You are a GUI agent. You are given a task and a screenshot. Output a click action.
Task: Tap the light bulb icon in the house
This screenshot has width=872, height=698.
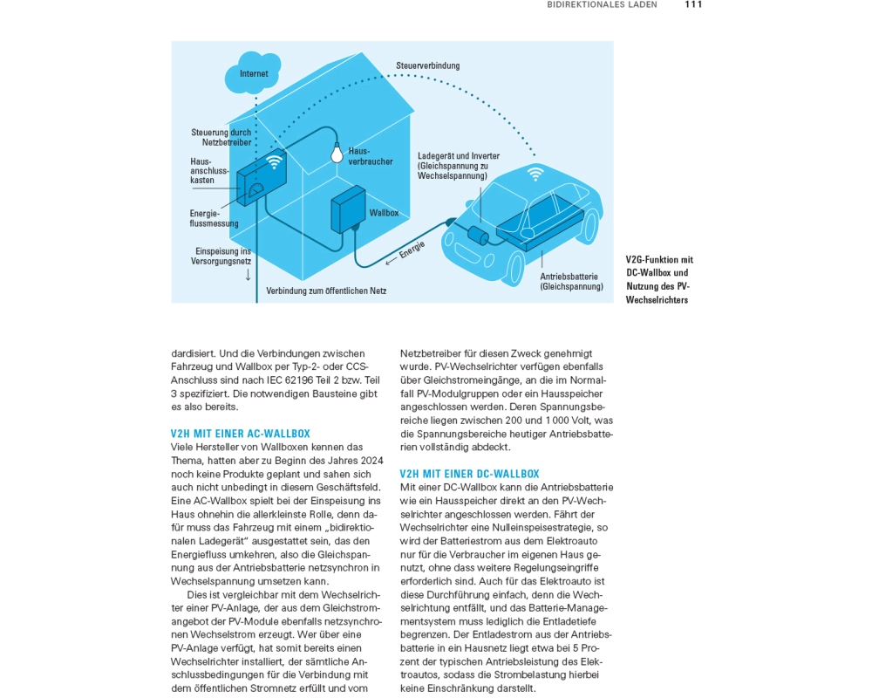(x=333, y=154)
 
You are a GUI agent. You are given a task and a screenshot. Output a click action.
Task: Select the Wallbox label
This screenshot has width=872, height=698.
(x=384, y=213)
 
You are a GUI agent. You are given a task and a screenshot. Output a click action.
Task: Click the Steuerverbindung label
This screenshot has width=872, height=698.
(x=427, y=65)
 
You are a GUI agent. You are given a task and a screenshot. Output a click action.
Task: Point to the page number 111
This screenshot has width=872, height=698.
(x=693, y=4)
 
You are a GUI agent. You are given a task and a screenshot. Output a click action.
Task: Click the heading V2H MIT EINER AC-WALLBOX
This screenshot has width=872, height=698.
(x=240, y=434)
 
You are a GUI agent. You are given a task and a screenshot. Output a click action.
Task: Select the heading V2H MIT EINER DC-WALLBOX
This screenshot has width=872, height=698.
(x=469, y=474)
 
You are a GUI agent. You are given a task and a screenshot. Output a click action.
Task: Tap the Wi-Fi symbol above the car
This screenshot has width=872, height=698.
(x=535, y=174)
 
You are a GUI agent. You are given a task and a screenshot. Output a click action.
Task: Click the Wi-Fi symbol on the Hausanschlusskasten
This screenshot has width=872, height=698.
(x=274, y=161)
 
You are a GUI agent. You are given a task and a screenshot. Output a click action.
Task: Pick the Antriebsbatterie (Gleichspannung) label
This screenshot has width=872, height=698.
(x=571, y=281)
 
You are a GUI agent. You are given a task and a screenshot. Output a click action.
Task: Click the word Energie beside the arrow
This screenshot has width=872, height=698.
(x=412, y=250)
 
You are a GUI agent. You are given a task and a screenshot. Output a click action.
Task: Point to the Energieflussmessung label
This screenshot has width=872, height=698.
(x=208, y=218)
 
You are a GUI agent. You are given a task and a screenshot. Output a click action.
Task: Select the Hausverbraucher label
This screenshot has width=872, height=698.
(x=371, y=156)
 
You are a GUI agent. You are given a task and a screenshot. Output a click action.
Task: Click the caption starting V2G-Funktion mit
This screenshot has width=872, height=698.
(x=659, y=279)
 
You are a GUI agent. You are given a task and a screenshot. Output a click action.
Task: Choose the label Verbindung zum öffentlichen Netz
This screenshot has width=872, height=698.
(x=326, y=291)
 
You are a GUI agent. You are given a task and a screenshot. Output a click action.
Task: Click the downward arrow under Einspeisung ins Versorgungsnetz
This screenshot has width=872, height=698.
(x=249, y=275)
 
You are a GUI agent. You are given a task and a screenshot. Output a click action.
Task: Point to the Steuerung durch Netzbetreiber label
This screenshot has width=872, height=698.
(x=221, y=137)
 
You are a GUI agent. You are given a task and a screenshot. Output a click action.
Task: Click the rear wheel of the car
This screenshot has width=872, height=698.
(x=590, y=226)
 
